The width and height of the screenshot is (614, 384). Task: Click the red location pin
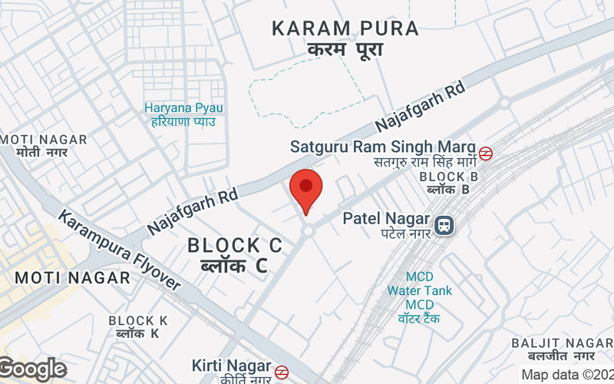tap(306, 189)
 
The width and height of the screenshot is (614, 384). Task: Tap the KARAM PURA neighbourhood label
tap(345, 29)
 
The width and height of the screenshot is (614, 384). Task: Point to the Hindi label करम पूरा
tap(345, 48)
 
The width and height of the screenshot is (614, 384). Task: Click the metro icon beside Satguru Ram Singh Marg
tap(485, 152)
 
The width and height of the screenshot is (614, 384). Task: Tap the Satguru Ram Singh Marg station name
tap(382, 146)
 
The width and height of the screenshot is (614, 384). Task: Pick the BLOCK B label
tap(449, 177)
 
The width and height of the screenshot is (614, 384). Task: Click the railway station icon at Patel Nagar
tap(443, 225)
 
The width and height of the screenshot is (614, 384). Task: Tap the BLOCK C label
tap(235, 246)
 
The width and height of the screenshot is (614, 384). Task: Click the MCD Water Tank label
tap(419, 291)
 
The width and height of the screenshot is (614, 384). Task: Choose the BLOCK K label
tap(138, 320)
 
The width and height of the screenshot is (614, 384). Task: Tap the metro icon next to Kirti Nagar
tap(282, 372)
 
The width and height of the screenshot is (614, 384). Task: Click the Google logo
tap(32, 369)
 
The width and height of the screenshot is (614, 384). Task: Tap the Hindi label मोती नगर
tap(42, 152)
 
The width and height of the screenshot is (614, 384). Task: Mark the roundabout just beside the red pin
tap(309, 230)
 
